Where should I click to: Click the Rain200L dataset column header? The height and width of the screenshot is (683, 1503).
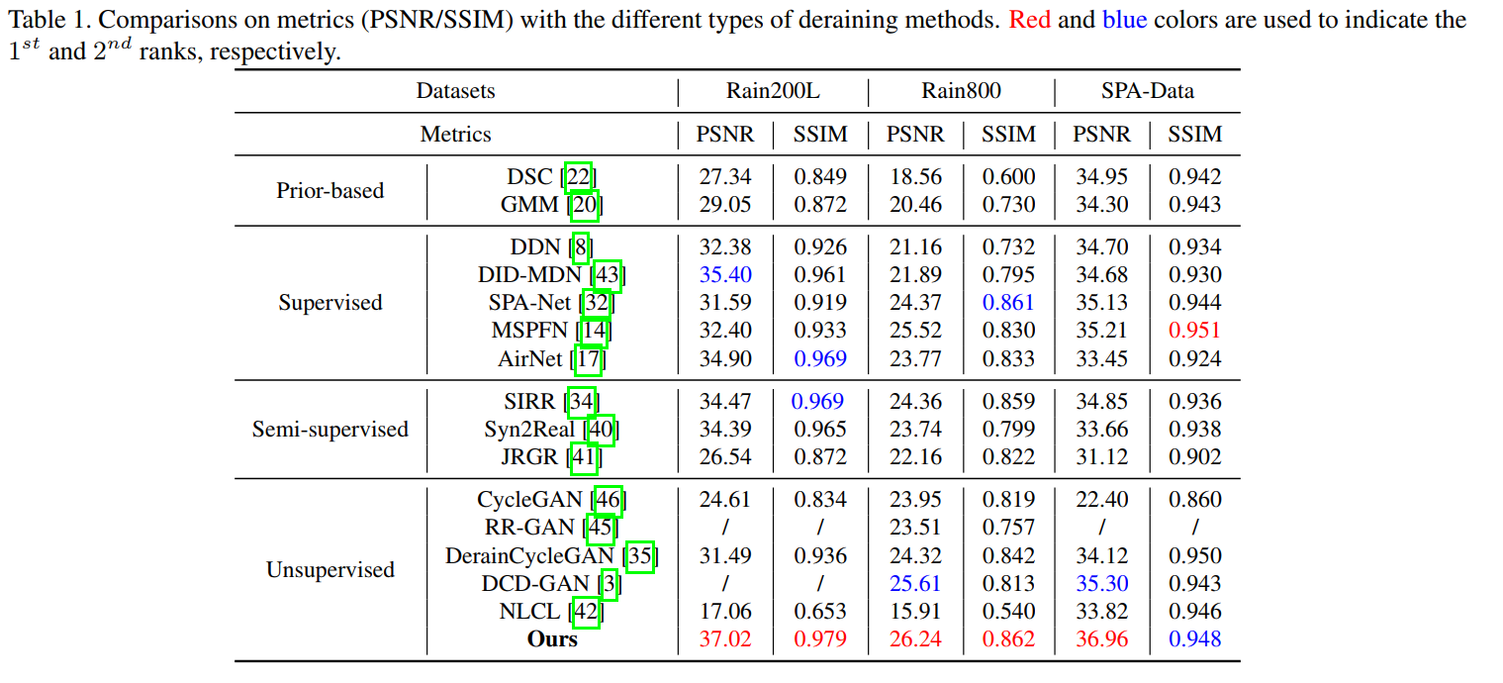click(x=773, y=92)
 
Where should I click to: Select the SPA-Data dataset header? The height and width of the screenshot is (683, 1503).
click(x=1147, y=92)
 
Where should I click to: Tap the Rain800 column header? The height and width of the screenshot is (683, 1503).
click(x=961, y=92)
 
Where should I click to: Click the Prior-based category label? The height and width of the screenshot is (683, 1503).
click(x=329, y=190)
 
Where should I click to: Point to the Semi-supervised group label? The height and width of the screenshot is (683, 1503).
click(x=329, y=429)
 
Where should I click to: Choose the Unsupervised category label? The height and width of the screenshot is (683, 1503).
click(x=329, y=569)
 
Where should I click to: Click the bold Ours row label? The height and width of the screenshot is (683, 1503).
click(x=552, y=638)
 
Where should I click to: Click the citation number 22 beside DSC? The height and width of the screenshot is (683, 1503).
click(x=579, y=177)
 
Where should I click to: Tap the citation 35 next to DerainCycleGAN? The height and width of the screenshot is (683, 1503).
click(x=640, y=555)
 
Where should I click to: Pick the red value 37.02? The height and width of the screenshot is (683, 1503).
click(x=725, y=638)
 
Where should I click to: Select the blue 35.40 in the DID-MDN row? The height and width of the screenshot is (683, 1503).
click(x=725, y=274)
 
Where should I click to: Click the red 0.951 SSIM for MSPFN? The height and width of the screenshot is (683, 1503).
click(x=1194, y=330)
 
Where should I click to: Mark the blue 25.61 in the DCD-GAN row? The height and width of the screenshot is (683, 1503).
click(x=914, y=583)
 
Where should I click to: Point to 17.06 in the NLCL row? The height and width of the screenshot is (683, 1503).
click(x=725, y=611)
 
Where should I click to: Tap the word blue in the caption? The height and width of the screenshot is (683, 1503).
click(x=1124, y=20)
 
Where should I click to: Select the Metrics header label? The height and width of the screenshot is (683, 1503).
click(x=455, y=134)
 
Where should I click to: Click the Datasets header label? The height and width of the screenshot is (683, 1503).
click(x=455, y=92)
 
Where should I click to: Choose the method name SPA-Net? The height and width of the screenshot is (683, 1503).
click(x=530, y=302)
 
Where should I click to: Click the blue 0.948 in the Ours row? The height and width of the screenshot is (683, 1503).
click(x=1194, y=638)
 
